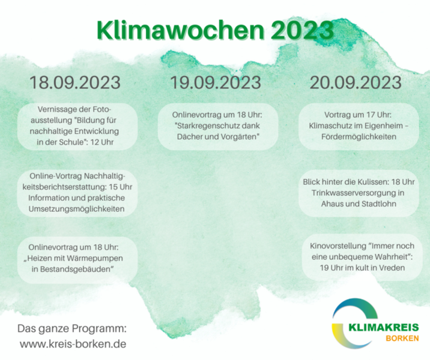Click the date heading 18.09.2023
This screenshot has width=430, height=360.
click(75, 82)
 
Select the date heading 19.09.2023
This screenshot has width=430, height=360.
click(216, 82)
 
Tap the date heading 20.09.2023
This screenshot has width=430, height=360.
click(356, 82)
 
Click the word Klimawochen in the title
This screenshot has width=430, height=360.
click(180, 30)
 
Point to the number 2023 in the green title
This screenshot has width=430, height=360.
click(302, 30)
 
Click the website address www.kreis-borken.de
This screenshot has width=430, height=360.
click(73, 344)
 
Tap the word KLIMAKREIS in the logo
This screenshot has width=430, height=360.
click(384, 328)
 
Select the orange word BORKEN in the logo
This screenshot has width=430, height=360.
click(402, 338)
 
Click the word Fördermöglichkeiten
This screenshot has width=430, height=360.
click(359, 137)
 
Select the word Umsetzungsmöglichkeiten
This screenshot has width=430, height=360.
click(76, 209)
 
